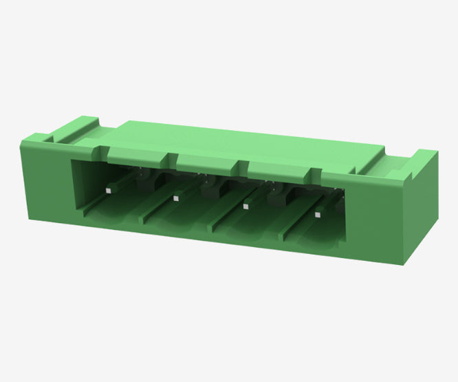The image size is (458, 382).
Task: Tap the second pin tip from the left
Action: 176,198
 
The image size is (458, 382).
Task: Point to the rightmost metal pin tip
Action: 317,214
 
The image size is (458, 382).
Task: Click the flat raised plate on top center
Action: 241,140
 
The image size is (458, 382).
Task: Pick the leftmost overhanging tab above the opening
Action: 138,156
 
